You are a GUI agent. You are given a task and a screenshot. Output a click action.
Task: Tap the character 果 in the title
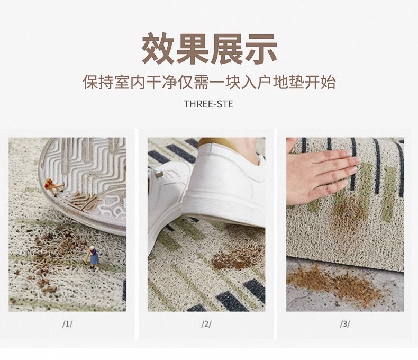[x=192, y=49]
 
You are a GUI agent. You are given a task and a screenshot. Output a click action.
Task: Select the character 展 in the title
[x=226, y=49]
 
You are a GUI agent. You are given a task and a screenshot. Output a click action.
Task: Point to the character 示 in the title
[x=260, y=49]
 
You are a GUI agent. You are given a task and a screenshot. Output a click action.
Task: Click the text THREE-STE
[x=208, y=104]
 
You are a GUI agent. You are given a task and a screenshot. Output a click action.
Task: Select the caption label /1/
[x=67, y=324]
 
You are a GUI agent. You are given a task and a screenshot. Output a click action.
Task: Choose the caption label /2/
[x=206, y=324]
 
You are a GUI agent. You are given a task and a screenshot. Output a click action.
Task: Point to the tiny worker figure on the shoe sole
[x=54, y=186]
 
